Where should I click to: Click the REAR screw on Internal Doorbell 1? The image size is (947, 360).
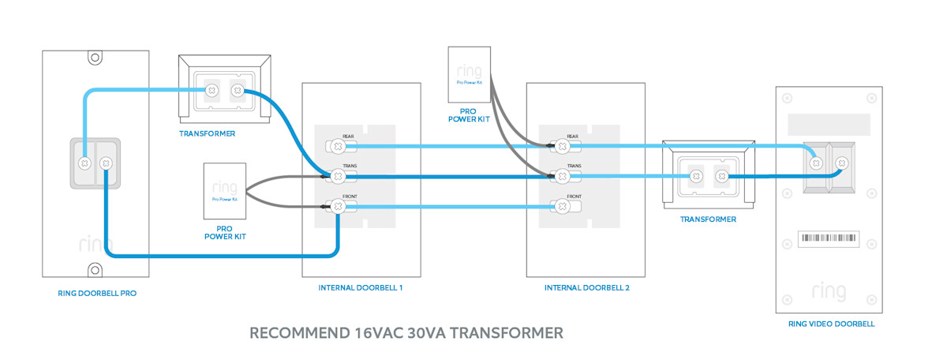coord(338,145)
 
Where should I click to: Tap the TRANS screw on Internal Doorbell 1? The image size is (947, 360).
coord(338,175)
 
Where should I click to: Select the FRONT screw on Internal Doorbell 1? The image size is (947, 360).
coord(338,206)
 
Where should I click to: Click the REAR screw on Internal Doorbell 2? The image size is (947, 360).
coord(563,145)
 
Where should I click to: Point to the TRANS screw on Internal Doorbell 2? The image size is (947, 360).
coord(563,175)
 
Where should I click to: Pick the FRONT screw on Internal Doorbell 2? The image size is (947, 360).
coord(563,206)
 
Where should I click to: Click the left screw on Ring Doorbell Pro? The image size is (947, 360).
coord(84,163)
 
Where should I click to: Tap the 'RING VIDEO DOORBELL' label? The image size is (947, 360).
coord(831,324)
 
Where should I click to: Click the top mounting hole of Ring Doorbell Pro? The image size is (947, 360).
coord(94,58)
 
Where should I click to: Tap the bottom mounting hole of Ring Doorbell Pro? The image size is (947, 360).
coord(94,269)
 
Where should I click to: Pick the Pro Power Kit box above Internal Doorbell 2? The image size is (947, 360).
coord(469,76)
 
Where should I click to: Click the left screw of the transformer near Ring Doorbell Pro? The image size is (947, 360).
coord(211,91)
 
